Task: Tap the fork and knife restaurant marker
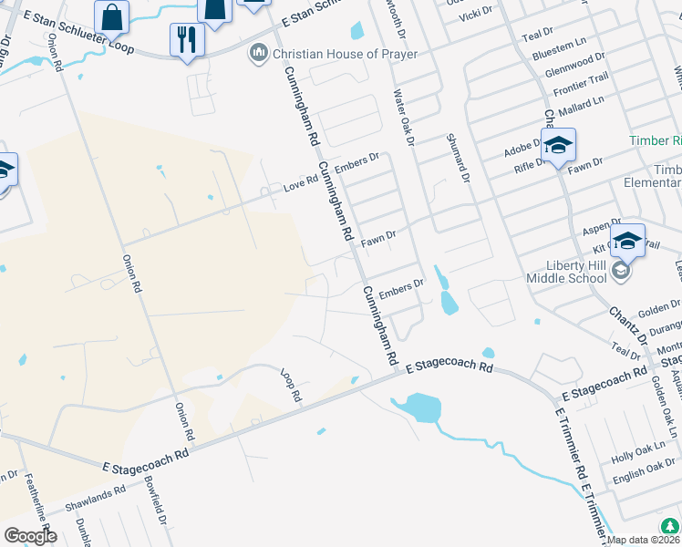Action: click(187, 40)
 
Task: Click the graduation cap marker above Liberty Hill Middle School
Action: click(626, 242)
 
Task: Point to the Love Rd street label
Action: click(300, 186)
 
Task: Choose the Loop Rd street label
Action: click(291, 387)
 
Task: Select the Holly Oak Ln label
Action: click(639, 455)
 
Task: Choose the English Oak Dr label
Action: click(644, 472)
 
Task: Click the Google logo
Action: click(30, 536)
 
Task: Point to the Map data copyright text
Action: click(643, 540)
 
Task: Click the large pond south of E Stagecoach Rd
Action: click(417, 408)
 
